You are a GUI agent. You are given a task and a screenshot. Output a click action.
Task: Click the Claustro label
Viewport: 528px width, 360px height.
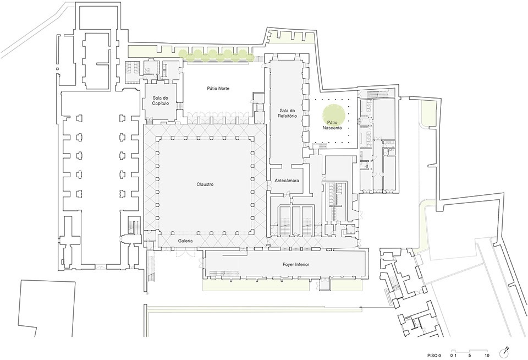pyautogui.click(x=205, y=184)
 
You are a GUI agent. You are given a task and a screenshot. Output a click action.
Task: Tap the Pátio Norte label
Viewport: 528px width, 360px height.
pyautogui.click(x=218, y=88)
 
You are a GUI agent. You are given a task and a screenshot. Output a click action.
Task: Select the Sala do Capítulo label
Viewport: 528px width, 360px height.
pyautogui.click(x=160, y=100)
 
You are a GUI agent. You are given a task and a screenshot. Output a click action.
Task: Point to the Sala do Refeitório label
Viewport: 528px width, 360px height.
pyautogui.click(x=288, y=113)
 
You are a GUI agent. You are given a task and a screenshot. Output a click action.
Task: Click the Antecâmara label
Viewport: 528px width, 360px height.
pyautogui.click(x=287, y=181)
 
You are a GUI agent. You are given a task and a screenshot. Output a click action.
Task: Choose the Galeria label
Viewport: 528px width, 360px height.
pyautogui.click(x=185, y=241)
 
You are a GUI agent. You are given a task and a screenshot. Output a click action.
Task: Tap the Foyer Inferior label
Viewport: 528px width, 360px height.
pyautogui.click(x=296, y=264)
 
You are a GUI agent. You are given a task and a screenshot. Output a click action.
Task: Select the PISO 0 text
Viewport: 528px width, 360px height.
pyautogui.click(x=434, y=355)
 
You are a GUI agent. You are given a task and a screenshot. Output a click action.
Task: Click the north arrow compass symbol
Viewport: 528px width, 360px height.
pyautogui.click(x=504, y=353)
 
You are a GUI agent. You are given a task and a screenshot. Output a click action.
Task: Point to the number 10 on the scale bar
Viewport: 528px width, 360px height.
pyautogui.click(x=487, y=355)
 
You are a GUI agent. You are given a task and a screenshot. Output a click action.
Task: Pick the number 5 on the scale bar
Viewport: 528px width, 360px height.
pyautogui.click(x=469, y=355)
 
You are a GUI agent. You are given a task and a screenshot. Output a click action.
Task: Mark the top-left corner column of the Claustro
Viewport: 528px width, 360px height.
pyautogui.click(x=158, y=138)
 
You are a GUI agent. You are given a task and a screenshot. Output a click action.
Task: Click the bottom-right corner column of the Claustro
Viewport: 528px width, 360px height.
pyautogui.click(x=252, y=232)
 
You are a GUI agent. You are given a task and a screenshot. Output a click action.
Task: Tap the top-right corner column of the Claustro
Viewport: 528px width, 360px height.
pyautogui.click(x=252, y=138)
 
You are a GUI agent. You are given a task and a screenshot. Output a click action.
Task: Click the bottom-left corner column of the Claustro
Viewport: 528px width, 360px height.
pyautogui.click(x=158, y=232)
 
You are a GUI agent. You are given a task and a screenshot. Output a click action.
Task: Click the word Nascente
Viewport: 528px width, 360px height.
pyautogui.click(x=332, y=128)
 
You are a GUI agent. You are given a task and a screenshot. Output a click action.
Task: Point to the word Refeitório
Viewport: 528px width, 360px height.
pyautogui.click(x=288, y=116)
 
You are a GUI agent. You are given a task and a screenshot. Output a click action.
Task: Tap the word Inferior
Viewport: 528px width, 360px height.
pyautogui.click(x=302, y=264)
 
